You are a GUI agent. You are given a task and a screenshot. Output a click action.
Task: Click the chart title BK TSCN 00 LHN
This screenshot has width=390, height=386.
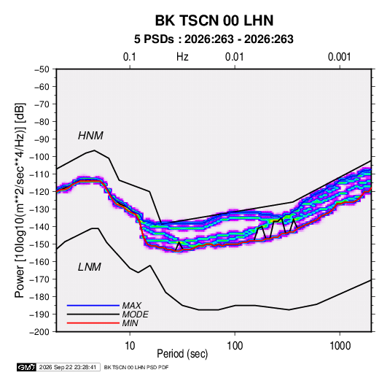coord(214,20)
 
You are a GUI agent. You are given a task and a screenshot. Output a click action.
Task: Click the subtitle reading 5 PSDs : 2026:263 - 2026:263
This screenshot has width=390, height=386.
coord(214,39)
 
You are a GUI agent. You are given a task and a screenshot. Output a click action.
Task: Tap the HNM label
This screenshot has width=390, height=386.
coord(90,136)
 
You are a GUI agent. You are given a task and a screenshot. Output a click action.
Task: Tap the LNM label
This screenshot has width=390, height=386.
coord(89,267)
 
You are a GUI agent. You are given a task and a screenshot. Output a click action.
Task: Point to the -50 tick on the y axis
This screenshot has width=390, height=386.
coord(42,69)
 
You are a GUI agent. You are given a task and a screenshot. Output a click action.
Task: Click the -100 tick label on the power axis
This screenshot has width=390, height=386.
coord(39,157)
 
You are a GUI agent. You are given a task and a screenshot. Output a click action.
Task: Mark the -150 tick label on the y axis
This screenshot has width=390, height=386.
coord(39,244)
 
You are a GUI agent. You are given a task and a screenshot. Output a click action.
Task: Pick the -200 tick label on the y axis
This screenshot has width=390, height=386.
coord(39,332)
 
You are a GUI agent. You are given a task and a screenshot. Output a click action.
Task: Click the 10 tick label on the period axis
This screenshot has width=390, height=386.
coord(130,346)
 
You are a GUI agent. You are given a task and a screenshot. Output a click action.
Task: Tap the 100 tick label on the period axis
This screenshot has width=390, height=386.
coord(235,346)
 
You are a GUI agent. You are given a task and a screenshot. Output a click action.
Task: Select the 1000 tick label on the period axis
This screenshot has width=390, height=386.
coord(340,346)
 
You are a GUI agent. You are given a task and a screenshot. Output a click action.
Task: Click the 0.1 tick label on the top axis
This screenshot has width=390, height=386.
coord(130,57)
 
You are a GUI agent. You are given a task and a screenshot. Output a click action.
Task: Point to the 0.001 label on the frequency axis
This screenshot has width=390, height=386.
coord(339,57)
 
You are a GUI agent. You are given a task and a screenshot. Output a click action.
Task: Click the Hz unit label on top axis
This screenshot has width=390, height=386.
coord(182,57)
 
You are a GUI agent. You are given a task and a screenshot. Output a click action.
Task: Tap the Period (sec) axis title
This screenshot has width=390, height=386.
coord(182,354)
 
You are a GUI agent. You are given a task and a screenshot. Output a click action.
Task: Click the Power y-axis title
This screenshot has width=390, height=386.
coord(20,201)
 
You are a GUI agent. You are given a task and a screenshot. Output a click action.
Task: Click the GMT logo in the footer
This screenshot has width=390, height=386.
coord(27,367)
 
